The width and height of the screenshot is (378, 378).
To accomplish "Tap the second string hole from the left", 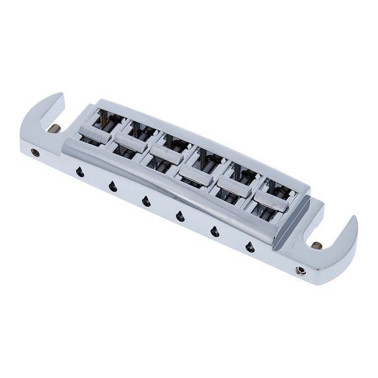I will [113, 186].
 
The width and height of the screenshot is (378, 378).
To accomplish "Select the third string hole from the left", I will [146, 201].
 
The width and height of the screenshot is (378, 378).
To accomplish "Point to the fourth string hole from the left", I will [180, 216].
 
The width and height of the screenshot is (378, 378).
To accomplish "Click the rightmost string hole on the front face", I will [250, 246].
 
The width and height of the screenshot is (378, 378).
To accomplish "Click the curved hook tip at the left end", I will [58, 99].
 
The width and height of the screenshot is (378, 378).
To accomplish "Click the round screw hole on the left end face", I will [36, 152].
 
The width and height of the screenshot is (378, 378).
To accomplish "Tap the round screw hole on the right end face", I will [302, 270].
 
